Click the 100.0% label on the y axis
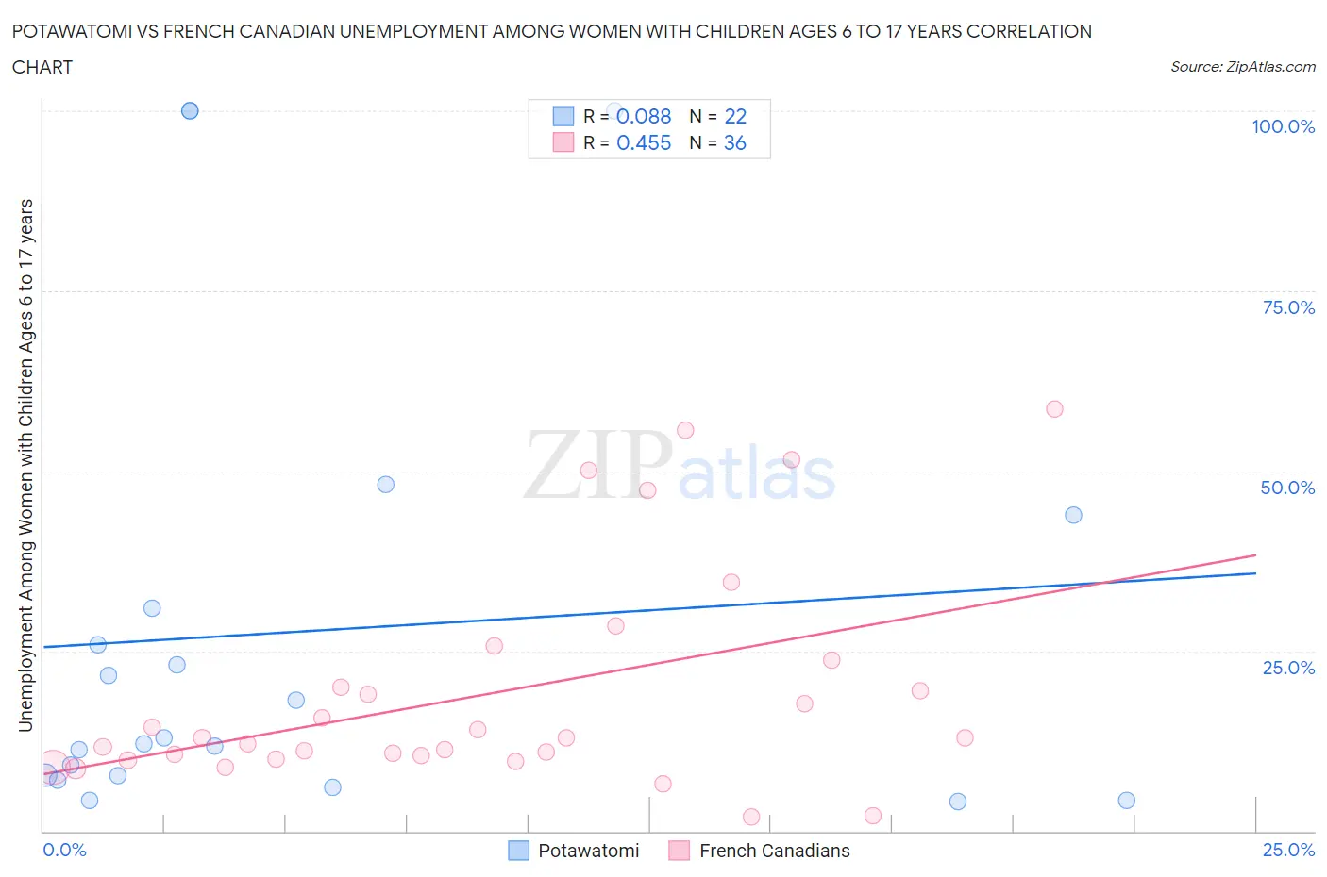(x=1283, y=126)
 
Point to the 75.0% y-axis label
(x=1287, y=307)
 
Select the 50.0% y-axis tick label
(x=1286, y=488)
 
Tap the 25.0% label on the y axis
(x=1287, y=668)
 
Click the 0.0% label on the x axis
(x=64, y=850)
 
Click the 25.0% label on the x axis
(x=1287, y=850)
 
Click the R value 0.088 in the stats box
(x=644, y=116)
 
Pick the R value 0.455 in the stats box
(x=644, y=142)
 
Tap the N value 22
(x=735, y=116)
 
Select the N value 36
(x=735, y=142)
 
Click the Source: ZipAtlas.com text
(x=1242, y=67)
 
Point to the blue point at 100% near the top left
(x=190, y=110)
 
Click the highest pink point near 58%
(x=1054, y=409)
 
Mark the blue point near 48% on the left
(x=385, y=485)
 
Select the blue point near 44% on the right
(x=1073, y=515)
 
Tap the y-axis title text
(x=25, y=465)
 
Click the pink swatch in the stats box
(x=563, y=142)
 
